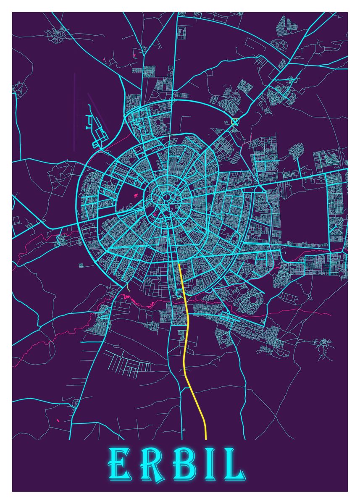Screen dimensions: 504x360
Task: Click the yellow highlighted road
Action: pos(186,336)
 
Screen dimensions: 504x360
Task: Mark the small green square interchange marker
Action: pos(234,122)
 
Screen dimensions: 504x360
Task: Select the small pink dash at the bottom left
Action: pos(58,420)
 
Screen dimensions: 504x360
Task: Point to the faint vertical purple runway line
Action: pos(74,111)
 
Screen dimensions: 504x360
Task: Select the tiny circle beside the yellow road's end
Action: pos(184,430)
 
